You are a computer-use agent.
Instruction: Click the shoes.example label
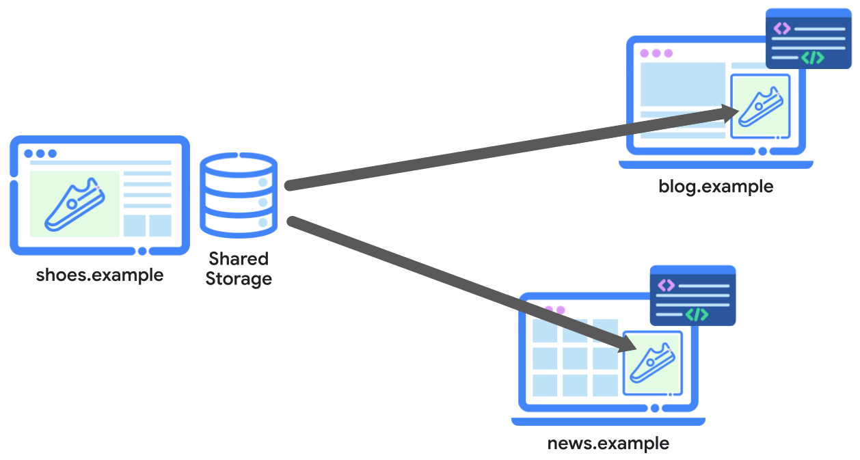[99, 275]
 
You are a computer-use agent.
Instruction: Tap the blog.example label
[715, 186]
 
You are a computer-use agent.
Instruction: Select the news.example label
[608, 443]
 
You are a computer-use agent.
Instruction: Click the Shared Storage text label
[239, 269]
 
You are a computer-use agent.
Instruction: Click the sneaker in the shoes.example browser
[75, 203]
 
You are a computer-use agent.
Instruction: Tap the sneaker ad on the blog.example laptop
[760, 106]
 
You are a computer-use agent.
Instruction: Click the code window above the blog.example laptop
[808, 39]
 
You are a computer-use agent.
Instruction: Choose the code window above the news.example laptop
[692, 295]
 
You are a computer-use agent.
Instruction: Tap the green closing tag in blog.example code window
[813, 58]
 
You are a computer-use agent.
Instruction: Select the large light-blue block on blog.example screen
[682, 84]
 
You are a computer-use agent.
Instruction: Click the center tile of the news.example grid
[574, 358]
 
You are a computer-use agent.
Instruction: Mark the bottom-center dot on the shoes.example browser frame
[142, 251]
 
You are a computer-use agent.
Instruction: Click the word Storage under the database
[239, 279]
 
